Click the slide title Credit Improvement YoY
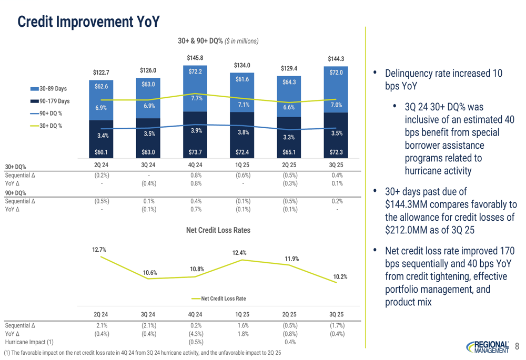pos(88,22)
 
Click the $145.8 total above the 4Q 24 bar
pos(195,57)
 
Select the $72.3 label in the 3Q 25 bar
pos(336,152)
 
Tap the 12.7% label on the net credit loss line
pos(98,250)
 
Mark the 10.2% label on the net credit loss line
pos(340,277)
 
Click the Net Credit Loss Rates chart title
pos(218,230)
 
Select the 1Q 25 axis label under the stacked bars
pos(242,164)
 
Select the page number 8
pos(517,346)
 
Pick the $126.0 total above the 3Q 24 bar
pos(148,70)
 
